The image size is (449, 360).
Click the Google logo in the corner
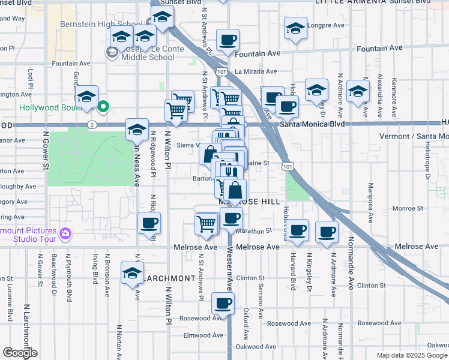(x=20, y=353)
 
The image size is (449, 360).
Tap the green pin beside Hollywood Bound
(x=103, y=107)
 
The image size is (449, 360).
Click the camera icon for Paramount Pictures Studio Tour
(x=65, y=232)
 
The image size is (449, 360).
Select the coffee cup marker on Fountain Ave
(x=228, y=41)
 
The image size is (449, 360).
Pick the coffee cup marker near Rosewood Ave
(x=223, y=304)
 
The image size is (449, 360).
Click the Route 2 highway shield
(x=91, y=124)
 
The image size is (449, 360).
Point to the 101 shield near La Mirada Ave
(x=222, y=71)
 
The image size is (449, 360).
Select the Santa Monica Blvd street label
(x=313, y=124)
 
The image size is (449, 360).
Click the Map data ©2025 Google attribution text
(x=411, y=355)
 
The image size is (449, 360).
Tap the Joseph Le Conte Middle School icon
(x=112, y=53)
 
